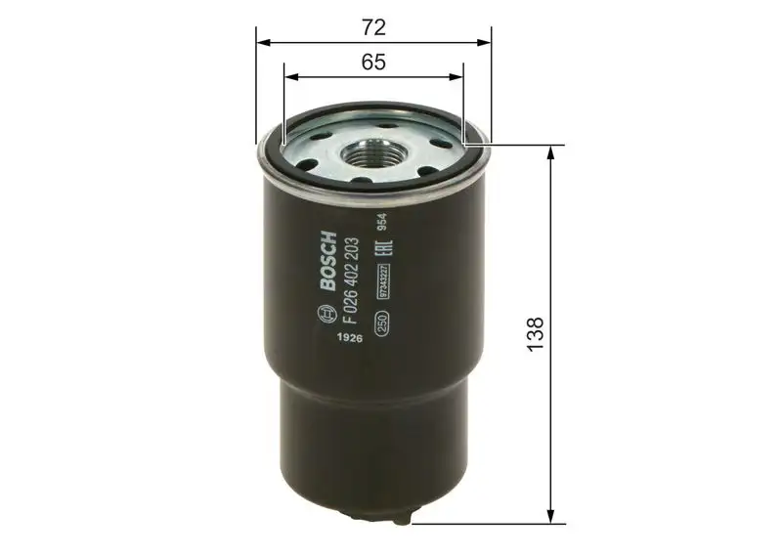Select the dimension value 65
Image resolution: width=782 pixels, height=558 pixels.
(372, 62)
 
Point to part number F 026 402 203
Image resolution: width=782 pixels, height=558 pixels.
(351, 279)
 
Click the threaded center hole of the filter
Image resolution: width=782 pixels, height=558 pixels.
(372, 151)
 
